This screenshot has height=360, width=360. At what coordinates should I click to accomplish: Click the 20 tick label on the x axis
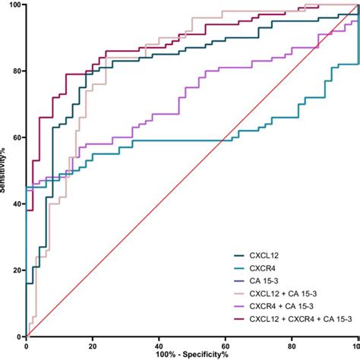[x=92, y=346]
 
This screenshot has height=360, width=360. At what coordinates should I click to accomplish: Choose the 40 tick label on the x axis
[x=158, y=346]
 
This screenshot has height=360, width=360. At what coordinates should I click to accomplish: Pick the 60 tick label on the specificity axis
[x=224, y=346]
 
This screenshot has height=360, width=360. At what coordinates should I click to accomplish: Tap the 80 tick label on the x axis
[x=290, y=346]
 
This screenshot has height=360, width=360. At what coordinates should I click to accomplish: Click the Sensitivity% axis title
[x=5, y=171]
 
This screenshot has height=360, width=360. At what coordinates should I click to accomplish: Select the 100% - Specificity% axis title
[x=191, y=355]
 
